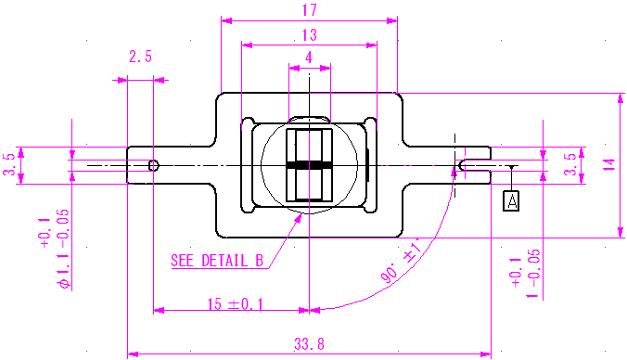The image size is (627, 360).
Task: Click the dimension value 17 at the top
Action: [x=310, y=10]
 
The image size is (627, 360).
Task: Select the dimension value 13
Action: [x=310, y=35]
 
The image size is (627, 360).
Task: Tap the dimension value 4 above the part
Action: [x=309, y=58]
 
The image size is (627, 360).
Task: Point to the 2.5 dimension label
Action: [x=140, y=57]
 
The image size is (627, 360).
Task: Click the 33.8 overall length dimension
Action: [x=309, y=343]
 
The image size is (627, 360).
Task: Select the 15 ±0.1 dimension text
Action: [x=236, y=304]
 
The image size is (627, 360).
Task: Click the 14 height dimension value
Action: [x=609, y=165]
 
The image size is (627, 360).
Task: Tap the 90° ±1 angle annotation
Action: [x=401, y=261]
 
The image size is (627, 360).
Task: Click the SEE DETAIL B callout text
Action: [x=217, y=261]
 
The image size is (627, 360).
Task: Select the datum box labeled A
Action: [x=511, y=200]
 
